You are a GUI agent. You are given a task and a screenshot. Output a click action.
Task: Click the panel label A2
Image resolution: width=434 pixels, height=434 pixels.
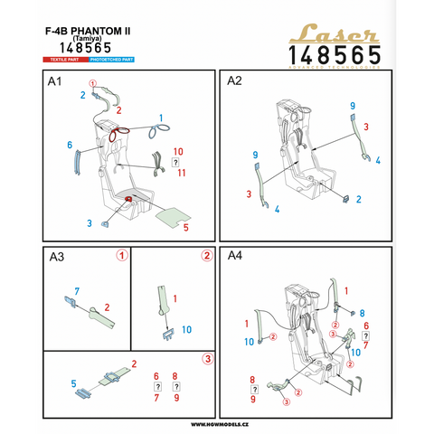[x=235, y=81]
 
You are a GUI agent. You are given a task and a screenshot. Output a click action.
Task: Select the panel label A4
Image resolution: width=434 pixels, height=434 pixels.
[x=235, y=258]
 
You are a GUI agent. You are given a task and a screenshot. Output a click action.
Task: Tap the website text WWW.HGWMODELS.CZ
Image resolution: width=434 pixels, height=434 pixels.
[x=217, y=423]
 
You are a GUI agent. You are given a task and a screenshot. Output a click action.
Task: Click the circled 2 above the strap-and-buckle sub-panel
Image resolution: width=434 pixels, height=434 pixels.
[x=206, y=256]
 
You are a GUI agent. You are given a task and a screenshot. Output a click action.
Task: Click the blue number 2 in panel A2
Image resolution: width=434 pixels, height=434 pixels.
[x=359, y=199]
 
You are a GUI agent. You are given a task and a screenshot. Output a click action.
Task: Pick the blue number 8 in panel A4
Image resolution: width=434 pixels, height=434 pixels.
[x=362, y=313]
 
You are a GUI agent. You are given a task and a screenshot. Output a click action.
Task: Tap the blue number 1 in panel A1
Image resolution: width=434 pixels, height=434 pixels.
[x=161, y=118]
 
